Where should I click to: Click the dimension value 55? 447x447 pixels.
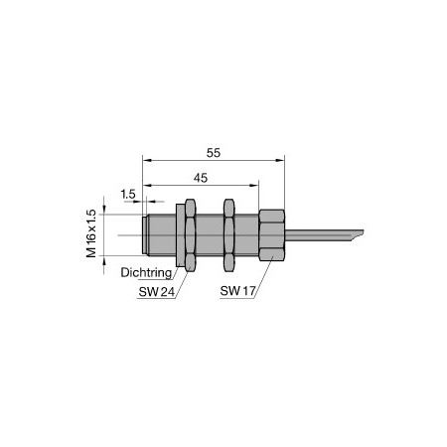(x=214, y=152)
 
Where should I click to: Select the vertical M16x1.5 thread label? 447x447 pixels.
(x=91, y=233)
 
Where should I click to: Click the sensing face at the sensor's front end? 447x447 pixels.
(x=145, y=235)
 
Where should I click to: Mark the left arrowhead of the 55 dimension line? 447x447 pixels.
(x=146, y=160)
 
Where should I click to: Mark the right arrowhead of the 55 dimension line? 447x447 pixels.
(x=283, y=160)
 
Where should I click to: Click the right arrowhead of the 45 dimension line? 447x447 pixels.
(x=256, y=186)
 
